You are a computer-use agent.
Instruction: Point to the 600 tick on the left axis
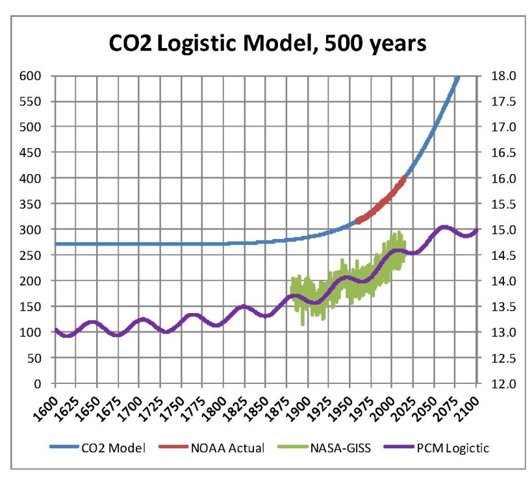tap(31, 75)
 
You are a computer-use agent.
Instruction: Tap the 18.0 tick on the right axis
tap(492, 75)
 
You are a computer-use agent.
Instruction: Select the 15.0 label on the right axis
tap(492, 229)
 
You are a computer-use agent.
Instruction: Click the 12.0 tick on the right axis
tap(492, 383)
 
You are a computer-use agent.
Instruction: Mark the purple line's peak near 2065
tap(443, 227)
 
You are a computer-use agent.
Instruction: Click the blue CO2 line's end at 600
tap(457, 77)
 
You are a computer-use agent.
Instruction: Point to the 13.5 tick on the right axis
tap(492, 306)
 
